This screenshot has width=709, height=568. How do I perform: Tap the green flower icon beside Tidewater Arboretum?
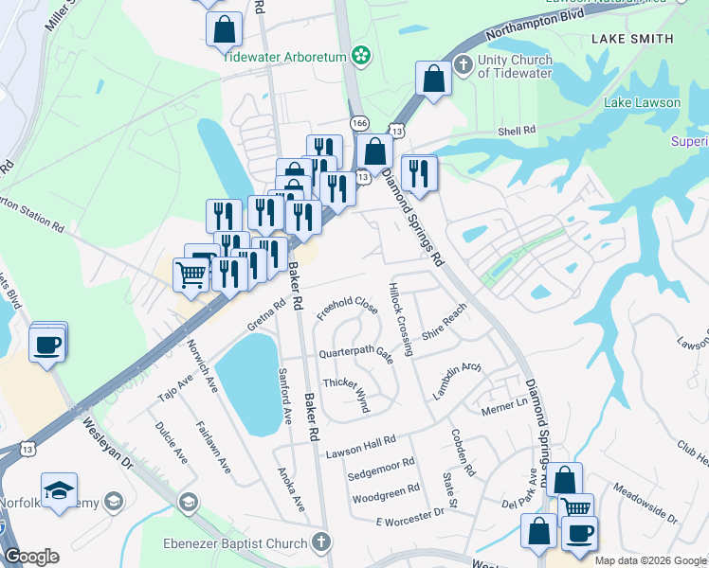pyautogui.click(x=360, y=56)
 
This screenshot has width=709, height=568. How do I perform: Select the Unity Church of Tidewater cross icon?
pyautogui.click(x=463, y=65)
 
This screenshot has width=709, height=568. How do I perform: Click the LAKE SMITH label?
pyautogui.click(x=631, y=39)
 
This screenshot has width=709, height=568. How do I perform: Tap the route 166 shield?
pyautogui.click(x=358, y=124)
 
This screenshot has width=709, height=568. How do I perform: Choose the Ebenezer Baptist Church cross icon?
pyautogui.click(x=321, y=542)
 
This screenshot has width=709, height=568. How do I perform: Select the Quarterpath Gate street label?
pyautogui.click(x=355, y=351)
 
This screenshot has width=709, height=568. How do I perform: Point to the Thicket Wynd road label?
pyautogui.click(x=345, y=389)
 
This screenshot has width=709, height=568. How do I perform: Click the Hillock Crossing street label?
pyautogui.click(x=400, y=318)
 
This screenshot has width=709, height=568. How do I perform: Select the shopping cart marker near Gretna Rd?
pyautogui.click(x=191, y=275)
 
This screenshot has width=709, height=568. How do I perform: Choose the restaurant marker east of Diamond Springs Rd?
pyautogui.click(x=417, y=173)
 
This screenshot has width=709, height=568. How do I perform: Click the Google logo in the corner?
pyautogui.click(x=31, y=557)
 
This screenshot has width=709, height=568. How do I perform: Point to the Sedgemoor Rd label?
pyautogui.click(x=381, y=463)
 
